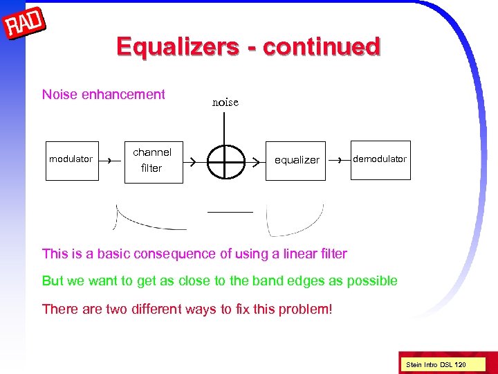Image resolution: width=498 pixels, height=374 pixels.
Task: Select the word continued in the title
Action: click(322, 46)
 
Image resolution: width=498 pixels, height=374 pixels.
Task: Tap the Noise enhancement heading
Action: click(104, 95)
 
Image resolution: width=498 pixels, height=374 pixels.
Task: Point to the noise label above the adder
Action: click(225, 102)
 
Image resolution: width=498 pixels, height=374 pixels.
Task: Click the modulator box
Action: click(71, 159)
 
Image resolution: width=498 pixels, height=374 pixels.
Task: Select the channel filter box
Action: click(153, 160)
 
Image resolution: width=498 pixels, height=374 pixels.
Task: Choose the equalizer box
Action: click(297, 160)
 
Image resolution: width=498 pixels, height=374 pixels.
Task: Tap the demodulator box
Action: click(380, 159)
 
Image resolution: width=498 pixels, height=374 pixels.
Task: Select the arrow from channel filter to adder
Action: click(194, 161)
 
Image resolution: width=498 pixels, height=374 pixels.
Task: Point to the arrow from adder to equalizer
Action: click(255, 161)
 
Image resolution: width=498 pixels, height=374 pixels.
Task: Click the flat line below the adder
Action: click(230, 211)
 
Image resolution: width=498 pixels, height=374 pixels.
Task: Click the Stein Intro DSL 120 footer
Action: click(436, 364)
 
